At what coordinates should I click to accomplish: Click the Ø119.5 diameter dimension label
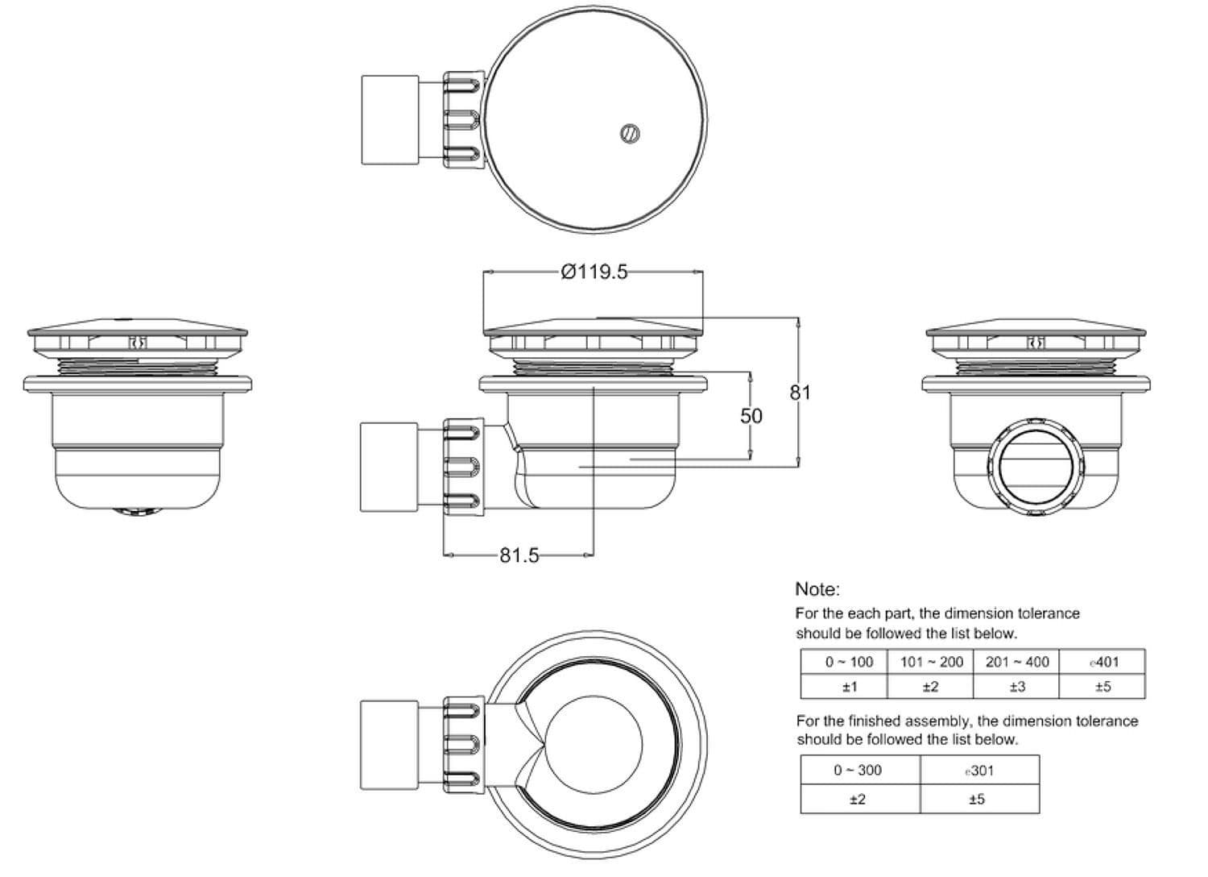coord(594,272)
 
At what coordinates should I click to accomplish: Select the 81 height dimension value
coord(800,393)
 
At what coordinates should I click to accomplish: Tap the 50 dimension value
coord(751,416)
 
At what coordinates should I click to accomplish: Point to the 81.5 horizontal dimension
coord(519,555)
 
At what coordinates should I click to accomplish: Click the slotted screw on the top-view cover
coord(630,133)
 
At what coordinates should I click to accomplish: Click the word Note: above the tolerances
coord(817,588)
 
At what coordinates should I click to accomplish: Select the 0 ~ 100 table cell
coord(849,663)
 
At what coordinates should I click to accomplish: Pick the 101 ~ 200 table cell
coord(931,663)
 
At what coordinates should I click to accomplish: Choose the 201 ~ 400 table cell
coord(1017,663)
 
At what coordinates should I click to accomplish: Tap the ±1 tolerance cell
coord(850,687)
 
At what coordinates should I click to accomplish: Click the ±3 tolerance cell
coord(1017,687)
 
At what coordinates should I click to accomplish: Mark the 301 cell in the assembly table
coord(979,771)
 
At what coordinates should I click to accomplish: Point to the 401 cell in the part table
coord(1103,663)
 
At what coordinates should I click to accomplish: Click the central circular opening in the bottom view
coord(594,744)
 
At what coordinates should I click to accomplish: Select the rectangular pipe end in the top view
coord(390,120)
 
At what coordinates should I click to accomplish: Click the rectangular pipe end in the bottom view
coord(389,746)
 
